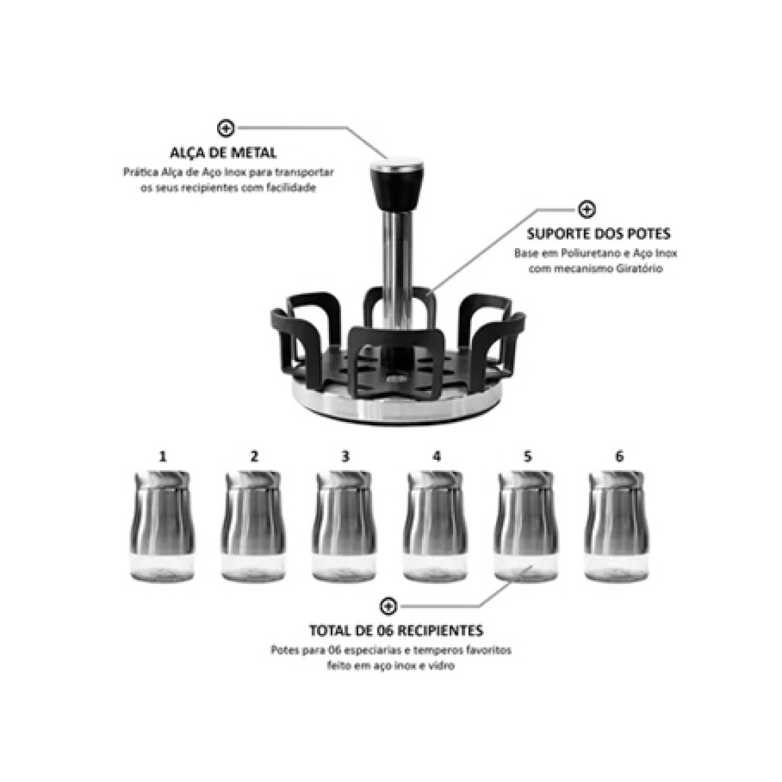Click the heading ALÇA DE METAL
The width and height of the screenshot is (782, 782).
click(x=223, y=152)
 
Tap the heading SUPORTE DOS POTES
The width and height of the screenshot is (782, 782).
click(x=599, y=234)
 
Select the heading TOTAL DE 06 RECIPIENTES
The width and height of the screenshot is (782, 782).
click(x=396, y=630)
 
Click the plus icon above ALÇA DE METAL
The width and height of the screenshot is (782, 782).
click(x=226, y=128)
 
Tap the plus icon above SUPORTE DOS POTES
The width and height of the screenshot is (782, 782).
click(x=586, y=209)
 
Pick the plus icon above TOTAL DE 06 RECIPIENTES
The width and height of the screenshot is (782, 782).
click(x=388, y=607)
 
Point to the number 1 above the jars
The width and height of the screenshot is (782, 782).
click(x=162, y=456)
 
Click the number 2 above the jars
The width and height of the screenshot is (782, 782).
click(x=254, y=456)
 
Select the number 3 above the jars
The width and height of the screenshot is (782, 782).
click(x=345, y=456)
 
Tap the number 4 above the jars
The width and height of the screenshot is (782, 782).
click(x=437, y=456)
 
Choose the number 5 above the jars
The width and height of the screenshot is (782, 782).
click(x=528, y=456)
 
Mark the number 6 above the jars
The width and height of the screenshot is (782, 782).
click(x=619, y=456)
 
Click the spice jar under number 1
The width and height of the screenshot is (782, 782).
click(x=162, y=526)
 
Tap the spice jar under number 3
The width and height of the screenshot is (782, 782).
click(x=344, y=526)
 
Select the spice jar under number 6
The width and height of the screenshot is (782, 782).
click(x=617, y=526)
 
